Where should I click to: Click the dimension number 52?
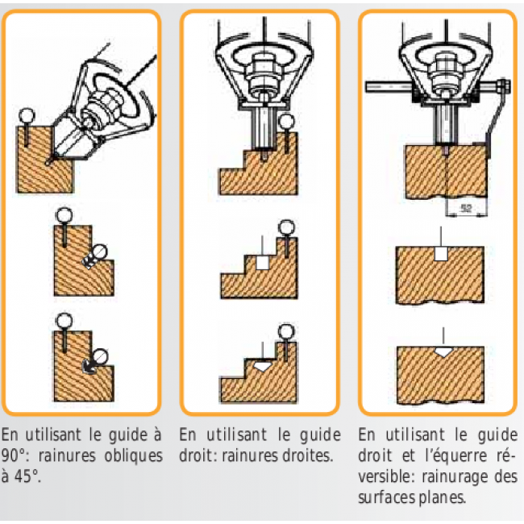click(466, 209)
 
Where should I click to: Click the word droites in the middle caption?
click(307, 455)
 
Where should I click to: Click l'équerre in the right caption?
click(455, 455)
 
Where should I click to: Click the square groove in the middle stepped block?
click(262, 262)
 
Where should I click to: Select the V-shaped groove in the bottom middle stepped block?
click(263, 366)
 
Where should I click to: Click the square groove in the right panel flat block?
click(441, 254)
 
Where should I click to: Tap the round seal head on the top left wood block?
click(27, 116)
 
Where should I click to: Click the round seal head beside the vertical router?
click(286, 122)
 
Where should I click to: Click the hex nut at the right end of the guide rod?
click(503, 86)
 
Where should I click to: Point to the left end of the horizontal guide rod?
click(366, 87)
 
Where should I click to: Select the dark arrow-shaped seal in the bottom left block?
click(89, 367)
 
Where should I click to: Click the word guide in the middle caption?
click(320, 435)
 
